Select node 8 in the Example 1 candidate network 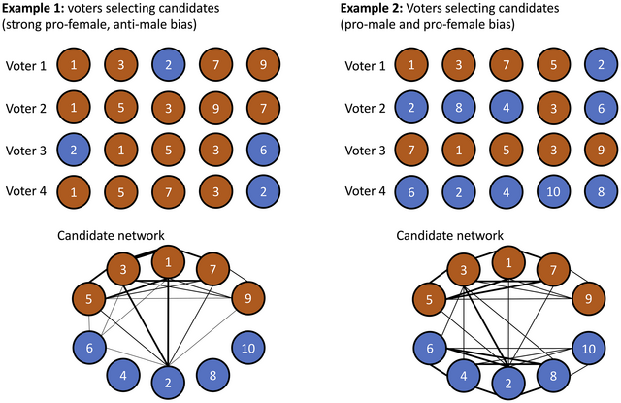pos(212,373)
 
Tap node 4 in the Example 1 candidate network pos(121,373)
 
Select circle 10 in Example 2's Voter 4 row pos(552,190)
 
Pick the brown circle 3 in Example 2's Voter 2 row pos(552,108)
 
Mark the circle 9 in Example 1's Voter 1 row pos(259,66)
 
